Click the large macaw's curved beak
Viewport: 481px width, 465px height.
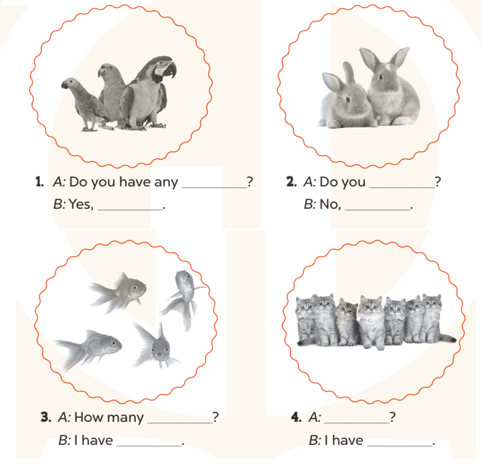pos(171,70)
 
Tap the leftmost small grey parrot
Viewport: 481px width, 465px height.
pos(82,104)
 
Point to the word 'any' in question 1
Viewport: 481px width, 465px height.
pos(166,182)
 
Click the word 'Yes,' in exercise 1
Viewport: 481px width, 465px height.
pos(81,204)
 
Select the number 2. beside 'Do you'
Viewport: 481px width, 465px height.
pos(292,181)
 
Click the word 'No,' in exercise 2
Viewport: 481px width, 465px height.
pos(330,204)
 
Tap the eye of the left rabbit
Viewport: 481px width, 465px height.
pos(348,99)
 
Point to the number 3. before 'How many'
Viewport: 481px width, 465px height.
pos(46,417)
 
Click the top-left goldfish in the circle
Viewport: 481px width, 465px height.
pos(117,293)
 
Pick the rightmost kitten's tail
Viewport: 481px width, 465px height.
pos(448,338)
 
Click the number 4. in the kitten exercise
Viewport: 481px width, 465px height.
pos(297,417)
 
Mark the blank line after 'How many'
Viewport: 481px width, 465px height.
pos(180,423)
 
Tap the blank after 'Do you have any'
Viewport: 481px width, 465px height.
pos(215,187)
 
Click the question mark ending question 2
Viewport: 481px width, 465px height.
pos(438,182)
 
